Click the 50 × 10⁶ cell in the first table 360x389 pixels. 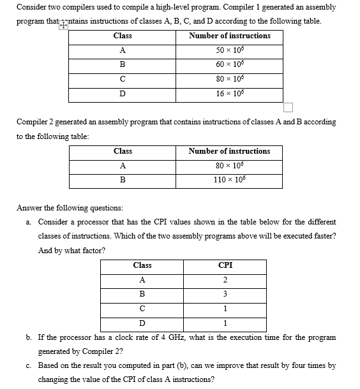(x=230, y=50)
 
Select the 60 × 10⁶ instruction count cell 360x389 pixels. (x=230, y=64)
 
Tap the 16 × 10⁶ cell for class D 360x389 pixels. (x=230, y=94)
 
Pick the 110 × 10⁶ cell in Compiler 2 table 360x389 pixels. (x=230, y=180)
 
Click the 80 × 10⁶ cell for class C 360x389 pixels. (x=230, y=79)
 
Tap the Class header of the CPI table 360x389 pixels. (x=142, y=265)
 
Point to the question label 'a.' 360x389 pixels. (x=29, y=222)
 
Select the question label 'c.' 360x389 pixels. (x=29, y=365)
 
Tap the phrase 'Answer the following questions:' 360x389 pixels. (x=70, y=207)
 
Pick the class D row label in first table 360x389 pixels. (x=122, y=94)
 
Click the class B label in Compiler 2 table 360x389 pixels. (x=123, y=180)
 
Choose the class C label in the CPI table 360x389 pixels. (x=142, y=309)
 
